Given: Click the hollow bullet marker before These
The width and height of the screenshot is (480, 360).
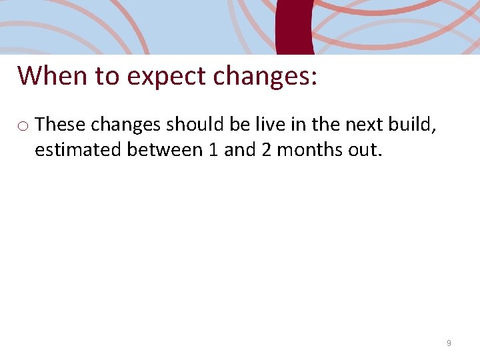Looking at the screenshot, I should click(23, 125).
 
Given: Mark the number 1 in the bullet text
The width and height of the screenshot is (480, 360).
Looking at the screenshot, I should click(213, 149).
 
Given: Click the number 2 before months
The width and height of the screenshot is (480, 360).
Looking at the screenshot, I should click(266, 149).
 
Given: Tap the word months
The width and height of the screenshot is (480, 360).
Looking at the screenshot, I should click(309, 149).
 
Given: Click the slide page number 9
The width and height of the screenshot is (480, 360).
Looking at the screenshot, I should click(449, 343).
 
